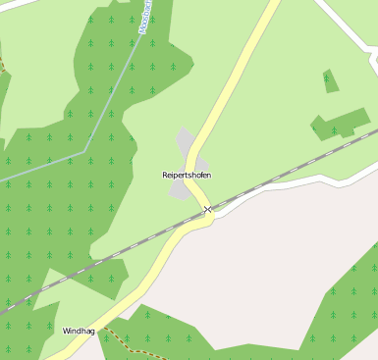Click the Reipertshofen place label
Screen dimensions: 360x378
click(x=187, y=175)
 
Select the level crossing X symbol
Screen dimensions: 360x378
click(x=207, y=210)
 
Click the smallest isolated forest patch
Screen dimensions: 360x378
click(x=330, y=80)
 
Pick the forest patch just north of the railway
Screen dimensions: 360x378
click(x=340, y=123)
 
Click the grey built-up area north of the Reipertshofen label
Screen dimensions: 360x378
click(x=186, y=142)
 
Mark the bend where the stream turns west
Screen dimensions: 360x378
click(x=87, y=149)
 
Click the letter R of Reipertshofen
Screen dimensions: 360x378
click(x=165, y=175)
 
